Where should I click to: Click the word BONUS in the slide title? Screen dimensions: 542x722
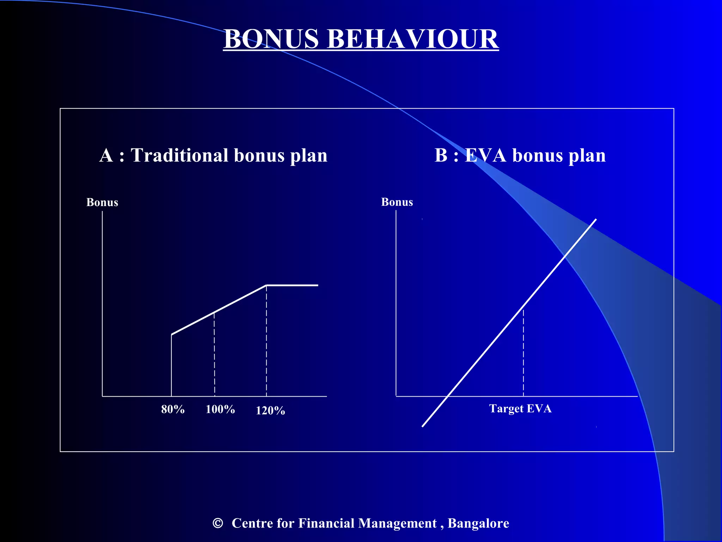tap(271, 39)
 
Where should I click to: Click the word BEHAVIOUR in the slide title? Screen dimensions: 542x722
tap(413, 39)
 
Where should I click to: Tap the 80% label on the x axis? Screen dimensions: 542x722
tap(173, 409)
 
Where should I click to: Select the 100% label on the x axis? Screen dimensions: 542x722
tap(220, 409)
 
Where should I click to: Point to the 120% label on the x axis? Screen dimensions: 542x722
tap(270, 410)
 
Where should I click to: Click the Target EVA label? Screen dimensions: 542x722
tap(520, 409)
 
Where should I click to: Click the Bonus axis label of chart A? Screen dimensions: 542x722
tap(102, 202)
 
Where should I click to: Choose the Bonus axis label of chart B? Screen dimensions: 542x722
tap(397, 202)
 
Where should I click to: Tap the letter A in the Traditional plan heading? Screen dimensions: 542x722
tap(106, 155)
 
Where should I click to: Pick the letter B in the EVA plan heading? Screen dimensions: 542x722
tap(441, 155)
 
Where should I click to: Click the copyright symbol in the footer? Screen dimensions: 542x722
tap(218, 523)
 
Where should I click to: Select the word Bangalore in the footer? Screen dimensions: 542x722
tap(478, 523)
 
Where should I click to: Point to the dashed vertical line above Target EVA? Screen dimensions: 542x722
tap(524, 353)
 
